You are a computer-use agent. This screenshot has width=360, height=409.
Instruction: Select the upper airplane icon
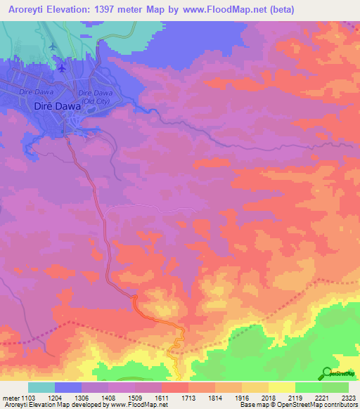tap(54, 46)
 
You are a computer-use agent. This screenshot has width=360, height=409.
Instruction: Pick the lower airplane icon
tap(63, 67)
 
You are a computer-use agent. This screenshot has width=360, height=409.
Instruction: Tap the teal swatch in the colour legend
tap(41, 387)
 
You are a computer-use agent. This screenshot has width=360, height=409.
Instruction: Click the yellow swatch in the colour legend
tap(281, 387)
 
